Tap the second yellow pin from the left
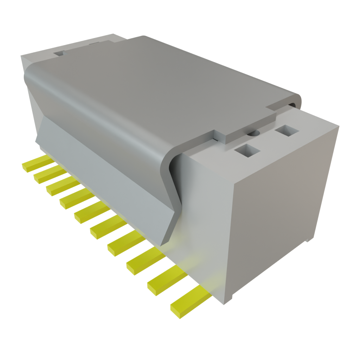[47, 174]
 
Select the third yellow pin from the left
[60, 186]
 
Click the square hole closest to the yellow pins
[247, 151]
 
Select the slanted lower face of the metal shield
[105, 169]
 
